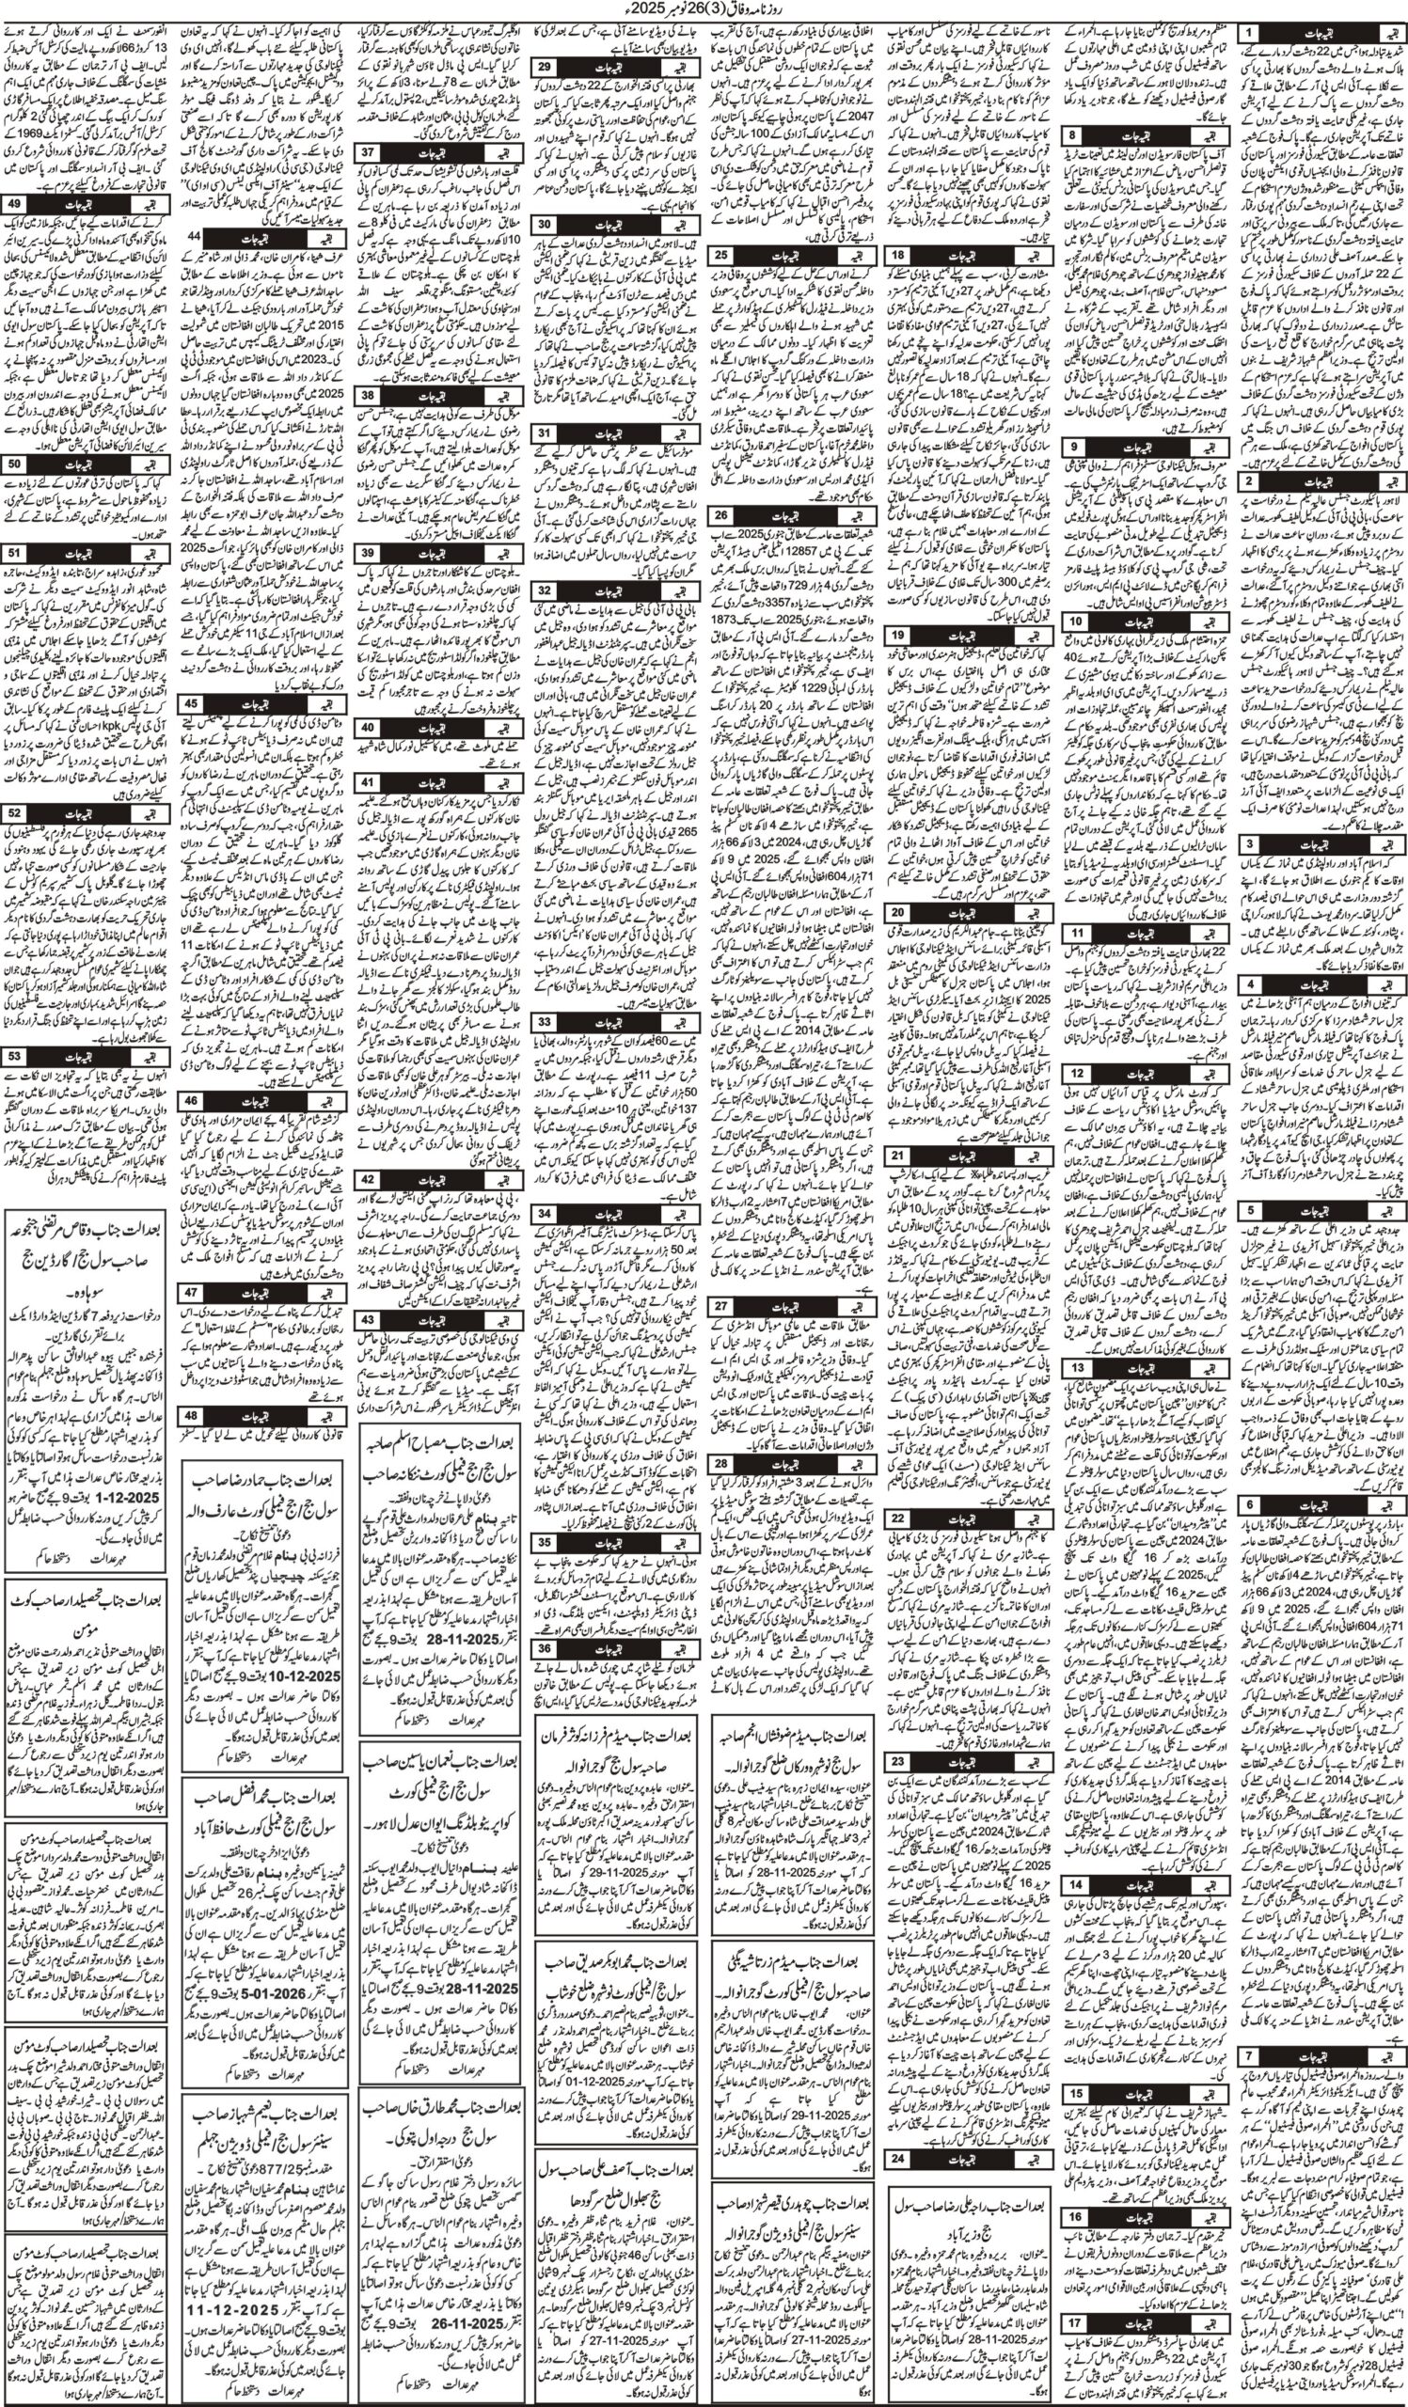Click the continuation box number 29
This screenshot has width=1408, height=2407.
click(545, 67)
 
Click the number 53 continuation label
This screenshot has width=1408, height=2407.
click(14, 1057)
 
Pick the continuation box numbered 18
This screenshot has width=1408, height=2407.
click(898, 256)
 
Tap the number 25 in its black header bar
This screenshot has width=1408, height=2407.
click(722, 255)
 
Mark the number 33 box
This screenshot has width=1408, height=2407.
click(545, 1021)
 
